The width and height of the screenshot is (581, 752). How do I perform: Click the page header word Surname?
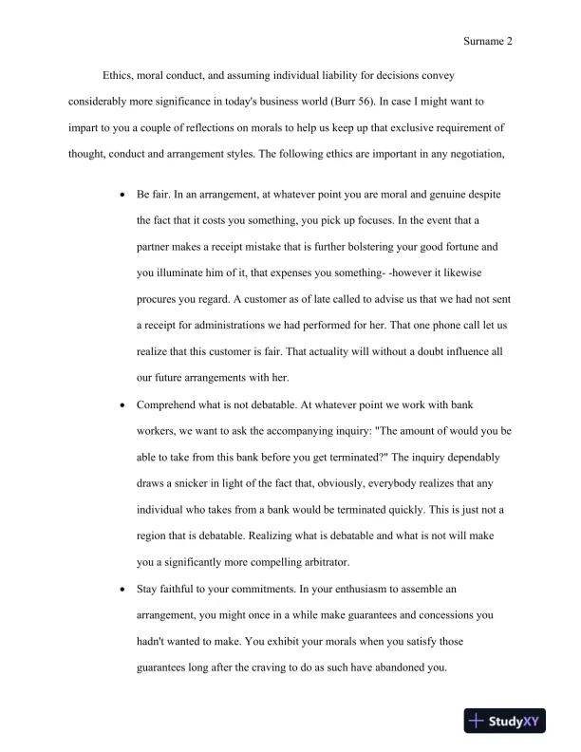tap(484, 42)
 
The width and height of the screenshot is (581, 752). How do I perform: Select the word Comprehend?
tap(172, 404)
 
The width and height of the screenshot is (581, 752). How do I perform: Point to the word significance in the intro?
tap(220, 100)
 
